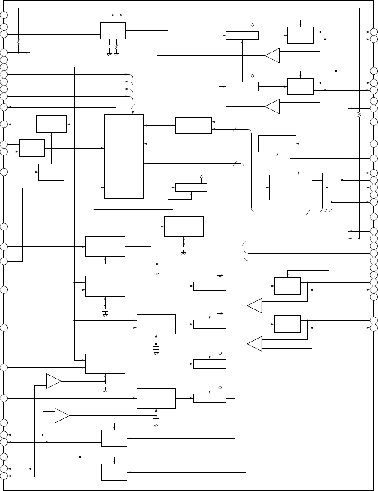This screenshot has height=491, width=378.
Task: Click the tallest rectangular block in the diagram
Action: (x=124, y=156)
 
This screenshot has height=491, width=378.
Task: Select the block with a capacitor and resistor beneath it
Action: (x=113, y=30)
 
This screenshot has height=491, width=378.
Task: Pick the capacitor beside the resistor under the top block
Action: (x=109, y=45)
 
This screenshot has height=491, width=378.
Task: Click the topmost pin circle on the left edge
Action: (x=4, y=15)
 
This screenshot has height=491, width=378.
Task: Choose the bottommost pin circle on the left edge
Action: (x=4, y=476)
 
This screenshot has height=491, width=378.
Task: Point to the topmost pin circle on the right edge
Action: (x=374, y=32)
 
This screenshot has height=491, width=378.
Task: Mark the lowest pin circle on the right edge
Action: (x=374, y=328)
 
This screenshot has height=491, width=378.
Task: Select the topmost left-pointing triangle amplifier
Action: (x=272, y=55)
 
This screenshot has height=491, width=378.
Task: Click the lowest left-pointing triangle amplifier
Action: (x=254, y=344)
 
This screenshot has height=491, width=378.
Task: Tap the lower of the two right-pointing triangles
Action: (x=62, y=415)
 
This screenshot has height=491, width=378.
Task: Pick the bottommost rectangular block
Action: (x=114, y=472)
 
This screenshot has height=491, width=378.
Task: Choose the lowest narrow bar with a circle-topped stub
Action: (x=210, y=398)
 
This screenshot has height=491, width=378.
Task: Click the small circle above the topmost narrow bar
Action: (x=253, y=25)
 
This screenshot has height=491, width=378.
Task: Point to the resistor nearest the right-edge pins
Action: (x=359, y=114)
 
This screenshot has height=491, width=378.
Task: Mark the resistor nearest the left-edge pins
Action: (x=18, y=42)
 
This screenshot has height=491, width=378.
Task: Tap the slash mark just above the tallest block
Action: (x=134, y=106)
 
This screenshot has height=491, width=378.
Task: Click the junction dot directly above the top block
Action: (x=113, y=15)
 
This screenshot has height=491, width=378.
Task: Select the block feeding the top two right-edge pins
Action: (x=300, y=35)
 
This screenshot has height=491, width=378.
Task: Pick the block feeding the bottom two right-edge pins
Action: (x=287, y=324)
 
